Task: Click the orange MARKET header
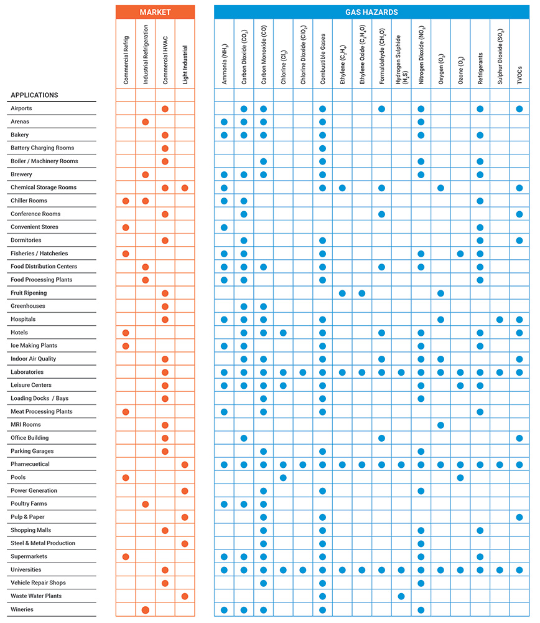(155, 12)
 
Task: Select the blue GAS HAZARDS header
(371, 12)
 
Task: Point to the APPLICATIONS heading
(34, 95)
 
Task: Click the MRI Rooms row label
(26, 425)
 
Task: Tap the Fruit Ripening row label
(29, 293)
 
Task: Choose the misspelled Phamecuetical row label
(30, 464)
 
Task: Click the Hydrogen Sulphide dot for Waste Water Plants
(401, 596)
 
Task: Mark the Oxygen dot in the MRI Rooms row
(440, 425)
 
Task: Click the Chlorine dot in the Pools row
(283, 478)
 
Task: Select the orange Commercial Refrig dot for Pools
(126, 478)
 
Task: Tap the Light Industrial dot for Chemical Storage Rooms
(185, 188)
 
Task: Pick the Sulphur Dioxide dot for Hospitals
(500, 320)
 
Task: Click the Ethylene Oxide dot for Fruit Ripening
(361, 293)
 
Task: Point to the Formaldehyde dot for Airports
(381, 108)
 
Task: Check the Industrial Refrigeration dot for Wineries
(145, 609)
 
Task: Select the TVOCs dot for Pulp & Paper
(519, 517)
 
